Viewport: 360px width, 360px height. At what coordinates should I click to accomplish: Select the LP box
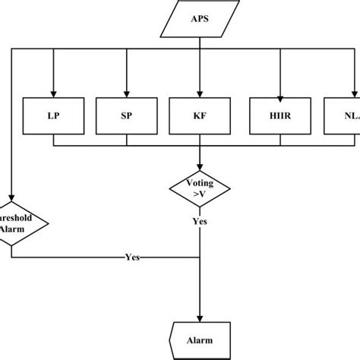[x=54, y=117]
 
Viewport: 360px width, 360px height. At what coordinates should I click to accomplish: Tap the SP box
[x=126, y=117]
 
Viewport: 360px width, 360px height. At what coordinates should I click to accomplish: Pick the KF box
[x=200, y=117]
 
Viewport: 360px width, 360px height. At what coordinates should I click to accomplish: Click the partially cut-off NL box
[x=342, y=117]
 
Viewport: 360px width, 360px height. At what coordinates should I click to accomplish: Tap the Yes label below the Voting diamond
[x=200, y=221]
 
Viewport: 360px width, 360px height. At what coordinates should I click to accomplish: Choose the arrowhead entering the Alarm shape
[x=200, y=321]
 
